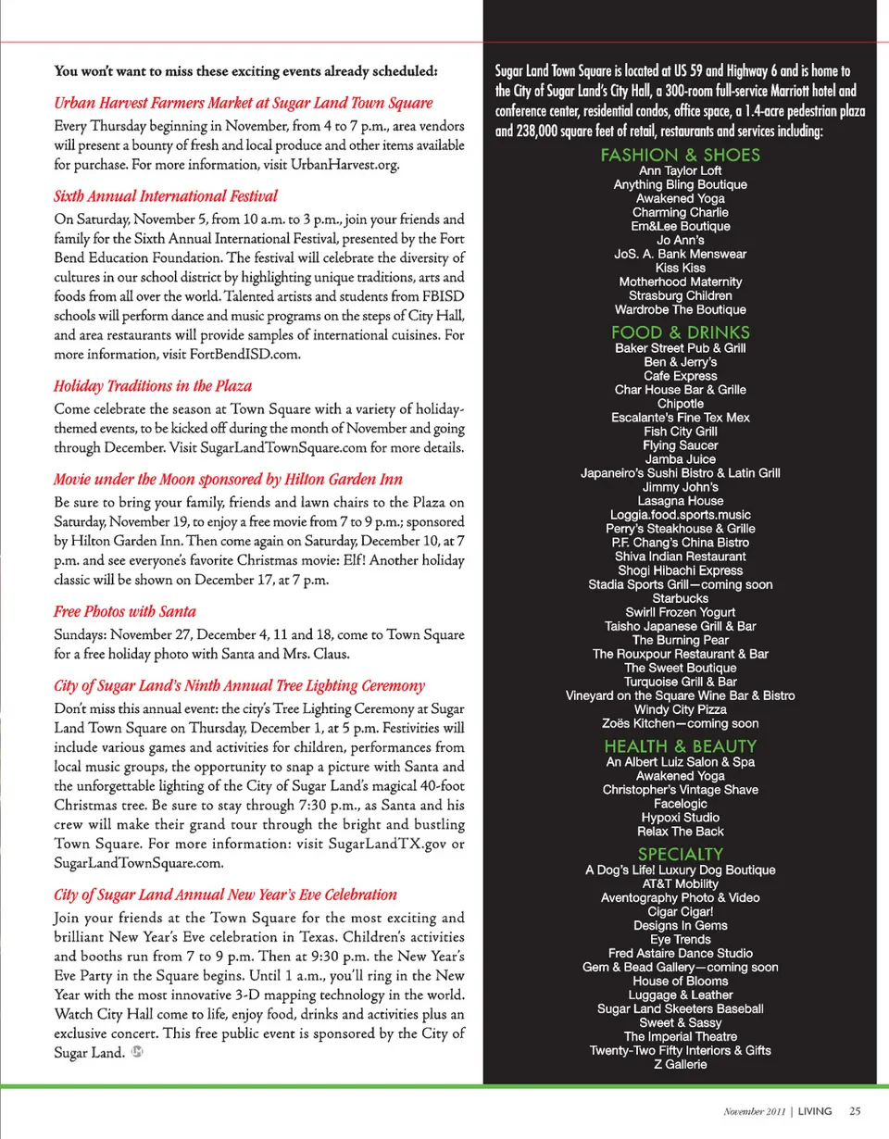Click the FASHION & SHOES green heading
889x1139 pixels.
[x=680, y=156]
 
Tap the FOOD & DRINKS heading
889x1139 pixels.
[x=680, y=332]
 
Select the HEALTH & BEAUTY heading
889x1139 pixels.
[x=680, y=746]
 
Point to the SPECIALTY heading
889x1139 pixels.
[x=680, y=854]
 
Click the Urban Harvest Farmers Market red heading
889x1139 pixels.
[x=244, y=103]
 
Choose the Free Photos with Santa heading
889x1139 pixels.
[x=125, y=612]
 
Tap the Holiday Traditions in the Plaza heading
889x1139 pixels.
[x=153, y=386]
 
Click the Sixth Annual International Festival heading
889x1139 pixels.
[x=166, y=196]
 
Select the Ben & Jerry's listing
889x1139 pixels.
[x=680, y=362]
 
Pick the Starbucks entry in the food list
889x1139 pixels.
[x=680, y=598]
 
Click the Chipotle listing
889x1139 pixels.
[x=680, y=404]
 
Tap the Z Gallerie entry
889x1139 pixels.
[x=680, y=1065]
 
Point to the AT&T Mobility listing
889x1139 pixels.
[x=680, y=883]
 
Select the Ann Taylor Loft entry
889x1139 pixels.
[x=680, y=170]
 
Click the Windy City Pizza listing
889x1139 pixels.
[x=680, y=709]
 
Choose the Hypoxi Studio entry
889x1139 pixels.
[x=680, y=818]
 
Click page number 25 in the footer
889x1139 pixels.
[x=855, y=1111]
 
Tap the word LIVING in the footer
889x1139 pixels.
[x=815, y=1111]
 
